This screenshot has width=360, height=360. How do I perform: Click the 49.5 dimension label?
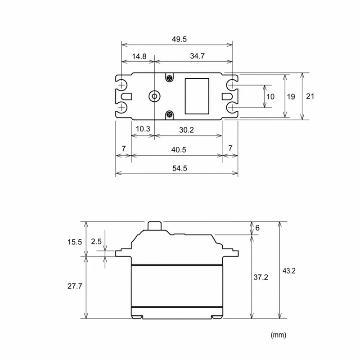tap(179, 39)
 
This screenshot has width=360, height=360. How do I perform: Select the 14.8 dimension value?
tap(139, 56)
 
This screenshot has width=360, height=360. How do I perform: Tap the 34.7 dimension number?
tap(197, 56)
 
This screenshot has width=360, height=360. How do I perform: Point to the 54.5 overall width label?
tap(180, 168)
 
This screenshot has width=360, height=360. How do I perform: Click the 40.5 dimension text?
tap(178, 150)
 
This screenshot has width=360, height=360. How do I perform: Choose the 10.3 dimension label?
tap(143, 129)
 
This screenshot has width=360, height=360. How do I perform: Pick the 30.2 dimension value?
tap(186, 130)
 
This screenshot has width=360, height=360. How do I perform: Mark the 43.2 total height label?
tap(289, 271)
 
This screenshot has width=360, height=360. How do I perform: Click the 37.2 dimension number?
tap(261, 277)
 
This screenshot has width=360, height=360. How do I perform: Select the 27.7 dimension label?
tap(75, 286)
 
